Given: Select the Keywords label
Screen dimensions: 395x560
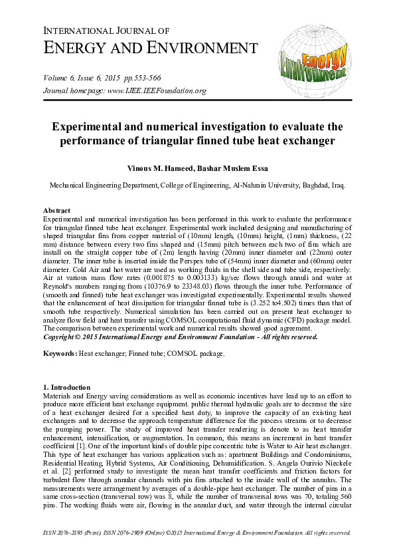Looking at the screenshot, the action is [x=60, y=353].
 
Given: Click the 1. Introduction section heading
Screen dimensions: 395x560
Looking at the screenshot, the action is [x=70, y=387].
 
